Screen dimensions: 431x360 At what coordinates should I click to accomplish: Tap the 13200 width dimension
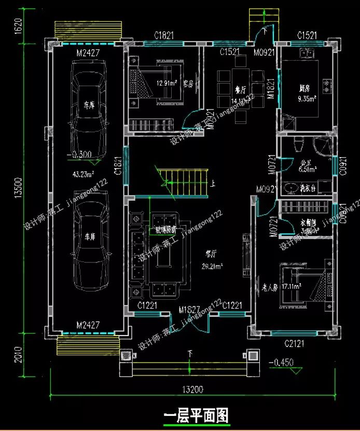pos(193,390)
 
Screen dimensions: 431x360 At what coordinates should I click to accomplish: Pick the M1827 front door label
pos(190,310)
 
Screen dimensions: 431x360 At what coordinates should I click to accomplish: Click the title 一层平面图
pos(196,415)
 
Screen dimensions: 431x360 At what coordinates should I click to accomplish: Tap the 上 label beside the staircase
pos(212,183)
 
